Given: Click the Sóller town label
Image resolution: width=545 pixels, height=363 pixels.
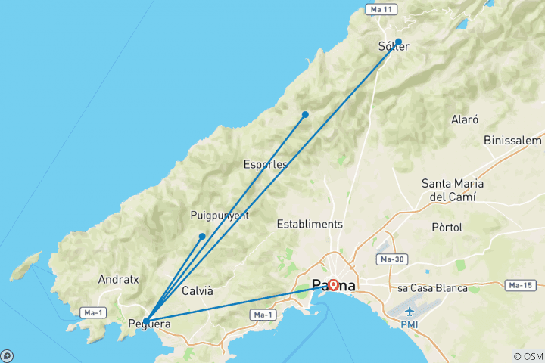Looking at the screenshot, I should (394, 46).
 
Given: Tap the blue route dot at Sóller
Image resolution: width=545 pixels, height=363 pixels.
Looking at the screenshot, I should (398, 42).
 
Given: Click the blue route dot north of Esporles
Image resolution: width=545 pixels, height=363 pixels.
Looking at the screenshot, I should (305, 114).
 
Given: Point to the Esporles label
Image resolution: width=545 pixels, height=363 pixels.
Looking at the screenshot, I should (265, 163).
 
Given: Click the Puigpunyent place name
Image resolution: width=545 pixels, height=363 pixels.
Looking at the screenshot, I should (220, 216).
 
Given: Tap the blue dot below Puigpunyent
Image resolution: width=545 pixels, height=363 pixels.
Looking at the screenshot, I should (202, 237).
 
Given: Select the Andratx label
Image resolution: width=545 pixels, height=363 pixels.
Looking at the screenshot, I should (119, 279).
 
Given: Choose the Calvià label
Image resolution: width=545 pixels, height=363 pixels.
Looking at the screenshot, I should (198, 291).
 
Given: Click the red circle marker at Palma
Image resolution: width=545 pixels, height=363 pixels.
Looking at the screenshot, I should (333, 285).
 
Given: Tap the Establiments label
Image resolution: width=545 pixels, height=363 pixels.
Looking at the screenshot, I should (310, 224).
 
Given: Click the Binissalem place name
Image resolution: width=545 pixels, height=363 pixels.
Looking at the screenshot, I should (513, 141).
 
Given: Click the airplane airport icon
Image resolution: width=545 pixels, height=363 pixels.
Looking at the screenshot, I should (410, 311).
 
